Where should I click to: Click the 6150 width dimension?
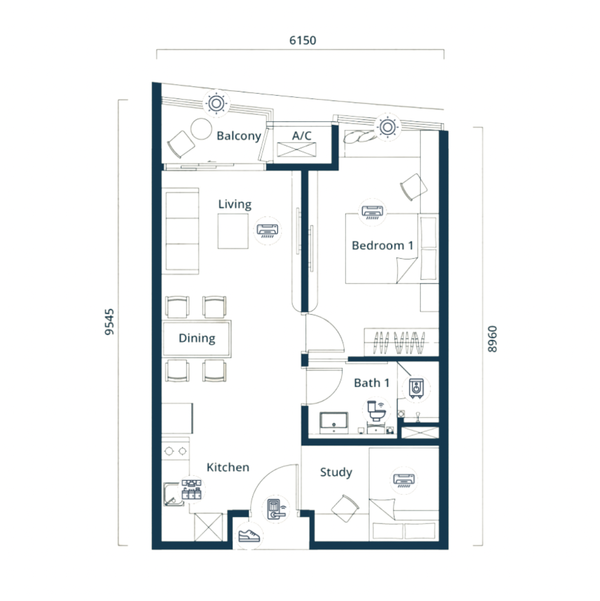pos(303,40)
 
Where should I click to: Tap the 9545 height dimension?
pos(109,322)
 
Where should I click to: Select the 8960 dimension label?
pos(492,339)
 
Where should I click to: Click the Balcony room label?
pos(239,136)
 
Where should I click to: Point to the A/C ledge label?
pos(302,135)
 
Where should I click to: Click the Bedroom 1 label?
pos(382,245)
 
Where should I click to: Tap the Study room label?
pos(336,473)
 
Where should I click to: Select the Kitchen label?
pos(228,467)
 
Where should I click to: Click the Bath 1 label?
pos(371,383)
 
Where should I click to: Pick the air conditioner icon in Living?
pos(268,231)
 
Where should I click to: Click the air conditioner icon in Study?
pos(404,480)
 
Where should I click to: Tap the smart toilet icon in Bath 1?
pos(376,411)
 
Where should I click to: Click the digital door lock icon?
pos(276,509)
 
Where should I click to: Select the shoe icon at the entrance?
pos(249,535)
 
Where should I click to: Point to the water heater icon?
pos(416,388)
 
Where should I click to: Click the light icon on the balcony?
pos(216,103)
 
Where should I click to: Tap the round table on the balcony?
pos(201,129)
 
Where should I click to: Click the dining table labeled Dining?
pos(197,338)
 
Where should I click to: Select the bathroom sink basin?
pos(334,423)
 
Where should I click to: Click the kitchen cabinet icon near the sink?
pos(191,489)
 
